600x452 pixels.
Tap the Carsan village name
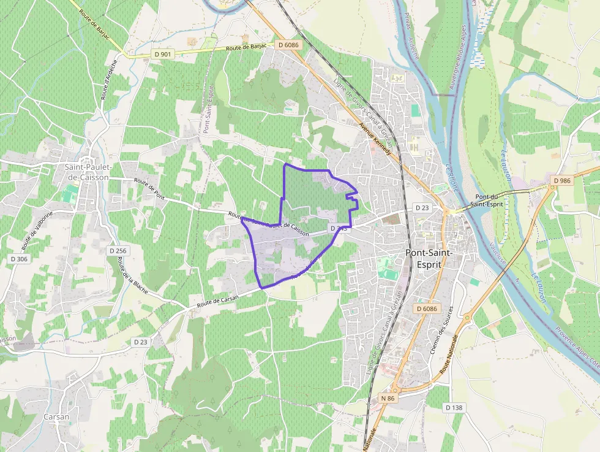[56, 416]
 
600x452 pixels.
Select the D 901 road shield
[163, 55]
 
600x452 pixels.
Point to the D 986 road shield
[561, 180]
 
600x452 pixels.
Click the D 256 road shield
[118, 250]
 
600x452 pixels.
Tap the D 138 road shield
[455, 407]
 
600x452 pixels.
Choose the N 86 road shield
[388, 398]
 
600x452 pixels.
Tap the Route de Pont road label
[150, 188]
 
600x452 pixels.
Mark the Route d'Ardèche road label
[108, 82]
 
